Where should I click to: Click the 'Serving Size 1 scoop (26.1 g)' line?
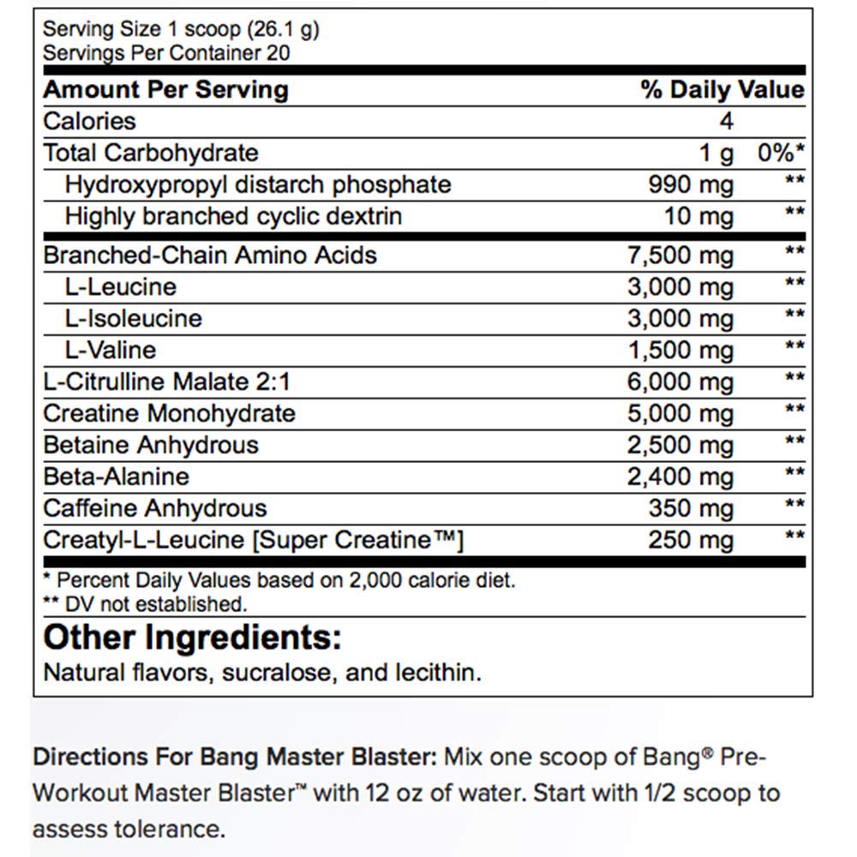181,30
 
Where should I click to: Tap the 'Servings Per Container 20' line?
166,53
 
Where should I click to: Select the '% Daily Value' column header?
722,90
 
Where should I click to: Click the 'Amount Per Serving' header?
165,90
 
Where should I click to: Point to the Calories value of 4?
726,122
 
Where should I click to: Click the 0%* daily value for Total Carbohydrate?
781,153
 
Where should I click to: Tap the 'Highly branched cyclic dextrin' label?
233,216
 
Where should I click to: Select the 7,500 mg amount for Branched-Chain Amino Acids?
680,255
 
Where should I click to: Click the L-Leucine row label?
120,286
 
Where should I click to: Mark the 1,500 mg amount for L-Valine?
680,350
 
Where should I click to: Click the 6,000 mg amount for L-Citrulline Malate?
680,381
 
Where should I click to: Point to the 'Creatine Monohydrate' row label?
169,413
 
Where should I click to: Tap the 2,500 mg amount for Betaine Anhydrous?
680,445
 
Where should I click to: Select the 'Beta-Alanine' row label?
117,476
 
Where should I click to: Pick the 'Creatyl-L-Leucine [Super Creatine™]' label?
254,540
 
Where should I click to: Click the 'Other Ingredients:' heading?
193,638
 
